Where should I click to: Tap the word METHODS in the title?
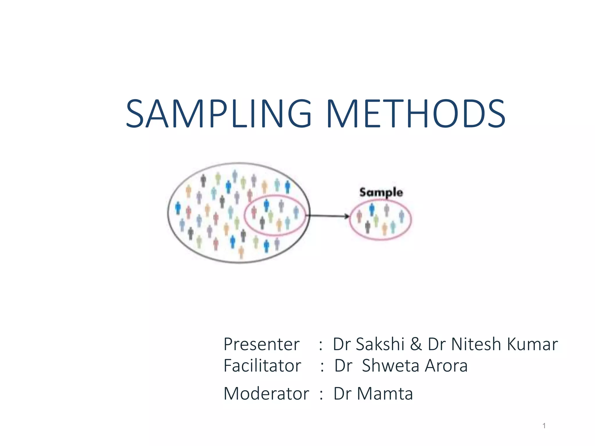pyautogui.click(x=416, y=114)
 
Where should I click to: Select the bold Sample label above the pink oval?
pyautogui.click(x=381, y=192)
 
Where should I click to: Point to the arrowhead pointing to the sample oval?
pyautogui.click(x=347, y=216)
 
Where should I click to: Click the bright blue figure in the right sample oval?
pyautogui.click(x=372, y=209)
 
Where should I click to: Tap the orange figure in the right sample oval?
pyautogui.click(x=385, y=229)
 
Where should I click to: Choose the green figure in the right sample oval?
pyautogui.click(x=376, y=220)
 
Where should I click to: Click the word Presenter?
pyautogui.click(x=261, y=344)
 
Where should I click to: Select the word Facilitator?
pyautogui.click(x=262, y=366)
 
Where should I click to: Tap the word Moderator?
pyautogui.click(x=266, y=394)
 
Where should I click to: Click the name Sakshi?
pyautogui.click(x=380, y=344)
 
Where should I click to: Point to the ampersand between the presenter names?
pyautogui.click(x=416, y=344)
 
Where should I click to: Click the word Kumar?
pyautogui.click(x=532, y=344)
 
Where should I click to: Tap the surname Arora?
pyautogui.click(x=446, y=366)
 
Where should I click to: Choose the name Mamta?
pyautogui.click(x=385, y=394)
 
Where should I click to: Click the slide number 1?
pyautogui.click(x=544, y=426)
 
